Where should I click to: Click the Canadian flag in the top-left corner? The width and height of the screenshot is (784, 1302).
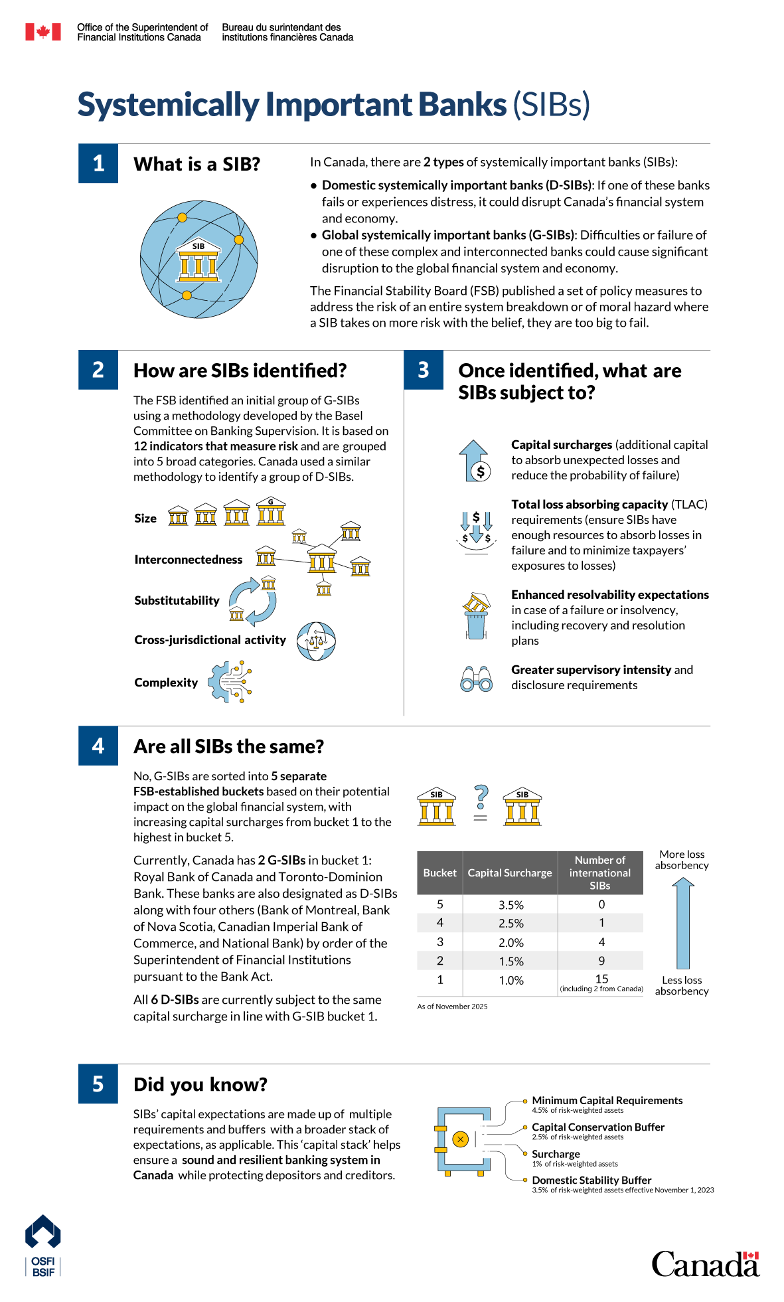tap(43, 32)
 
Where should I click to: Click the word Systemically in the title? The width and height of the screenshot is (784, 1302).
tap(169, 105)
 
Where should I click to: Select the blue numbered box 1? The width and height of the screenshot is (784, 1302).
tap(98, 163)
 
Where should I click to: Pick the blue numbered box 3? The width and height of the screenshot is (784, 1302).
tap(424, 370)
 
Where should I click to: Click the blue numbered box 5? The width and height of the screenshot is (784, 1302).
tap(98, 1084)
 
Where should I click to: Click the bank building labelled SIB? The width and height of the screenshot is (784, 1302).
tap(198, 260)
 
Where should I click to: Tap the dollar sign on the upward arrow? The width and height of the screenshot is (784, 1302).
tap(481, 471)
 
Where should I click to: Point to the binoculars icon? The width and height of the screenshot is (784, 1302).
tap(477, 679)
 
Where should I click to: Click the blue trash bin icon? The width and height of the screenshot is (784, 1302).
tap(476, 624)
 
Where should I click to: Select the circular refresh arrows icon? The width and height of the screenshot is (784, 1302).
tap(252, 602)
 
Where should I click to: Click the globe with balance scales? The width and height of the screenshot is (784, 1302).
tap(316, 641)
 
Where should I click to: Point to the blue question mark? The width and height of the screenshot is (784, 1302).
tap(482, 796)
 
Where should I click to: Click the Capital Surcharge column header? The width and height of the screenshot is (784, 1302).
tap(510, 872)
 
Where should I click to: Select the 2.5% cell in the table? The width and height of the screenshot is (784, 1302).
tap(510, 923)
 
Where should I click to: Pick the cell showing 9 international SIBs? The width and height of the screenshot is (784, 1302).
tap(601, 961)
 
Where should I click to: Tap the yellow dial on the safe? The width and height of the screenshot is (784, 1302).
tap(460, 1139)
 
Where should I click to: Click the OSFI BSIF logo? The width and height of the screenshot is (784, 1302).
tap(43, 1246)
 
